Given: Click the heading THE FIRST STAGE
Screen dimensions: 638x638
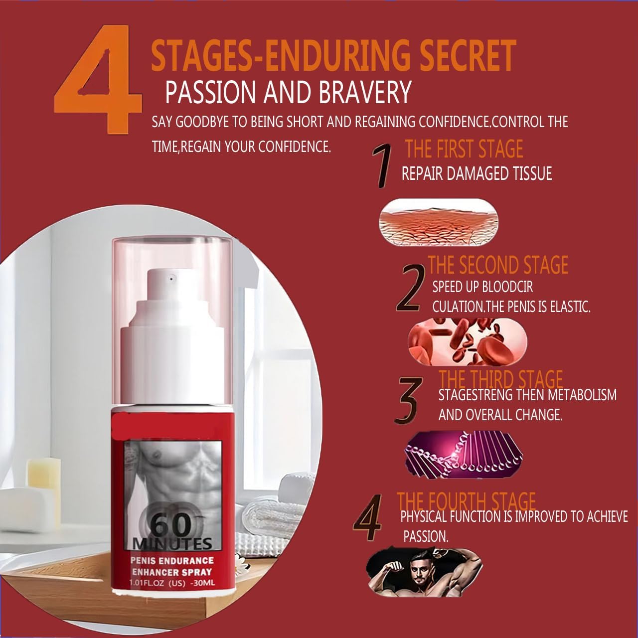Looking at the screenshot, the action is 464,149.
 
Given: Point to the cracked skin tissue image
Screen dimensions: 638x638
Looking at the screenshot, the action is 439,221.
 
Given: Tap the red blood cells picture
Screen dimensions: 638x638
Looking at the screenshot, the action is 467,342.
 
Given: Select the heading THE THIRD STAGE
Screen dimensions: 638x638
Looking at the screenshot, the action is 500,380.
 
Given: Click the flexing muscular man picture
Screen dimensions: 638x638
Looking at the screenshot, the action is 424,572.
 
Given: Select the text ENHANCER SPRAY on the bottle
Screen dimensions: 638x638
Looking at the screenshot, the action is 172,572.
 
